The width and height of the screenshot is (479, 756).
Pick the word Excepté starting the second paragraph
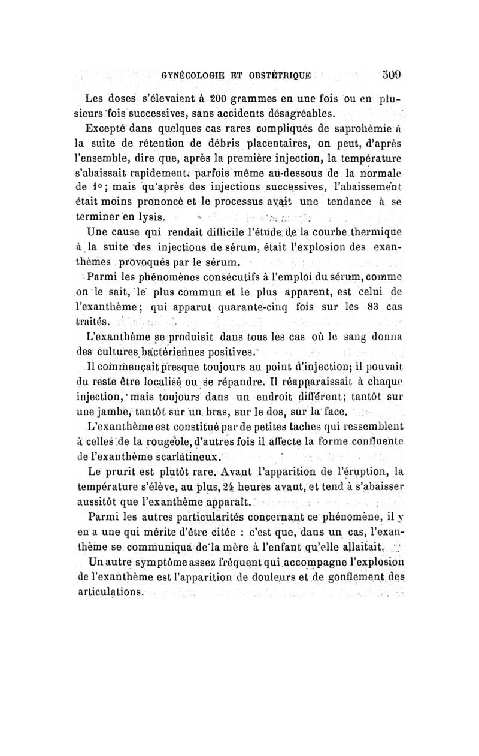point(107,128)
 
